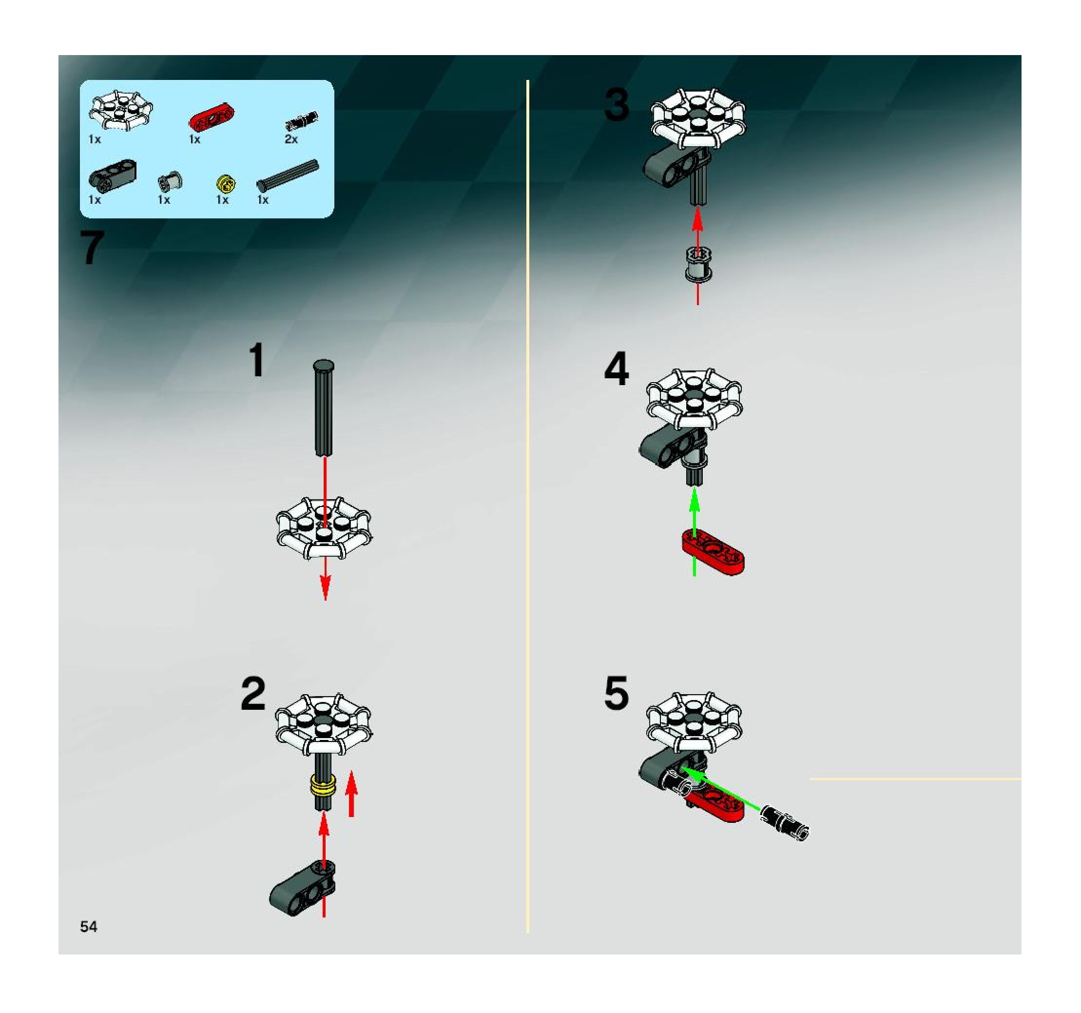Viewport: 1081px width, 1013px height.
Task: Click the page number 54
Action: point(89,927)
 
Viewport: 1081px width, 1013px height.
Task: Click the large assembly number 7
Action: point(92,248)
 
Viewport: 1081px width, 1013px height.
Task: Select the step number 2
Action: point(253,694)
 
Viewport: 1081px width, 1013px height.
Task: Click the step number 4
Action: point(617,368)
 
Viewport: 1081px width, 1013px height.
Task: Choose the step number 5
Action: point(617,693)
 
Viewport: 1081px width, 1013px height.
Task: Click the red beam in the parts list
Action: point(212,117)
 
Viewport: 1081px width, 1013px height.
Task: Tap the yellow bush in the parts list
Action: point(226,184)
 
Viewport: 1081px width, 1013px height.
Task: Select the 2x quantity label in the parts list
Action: point(291,139)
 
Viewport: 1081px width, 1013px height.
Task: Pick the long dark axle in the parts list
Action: point(288,175)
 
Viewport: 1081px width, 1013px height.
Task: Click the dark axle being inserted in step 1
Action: point(324,408)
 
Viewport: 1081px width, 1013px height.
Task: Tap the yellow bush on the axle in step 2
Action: point(323,787)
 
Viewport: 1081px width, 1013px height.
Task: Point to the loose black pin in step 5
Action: point(784,822)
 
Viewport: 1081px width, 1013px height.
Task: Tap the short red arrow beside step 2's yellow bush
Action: point(352,793)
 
